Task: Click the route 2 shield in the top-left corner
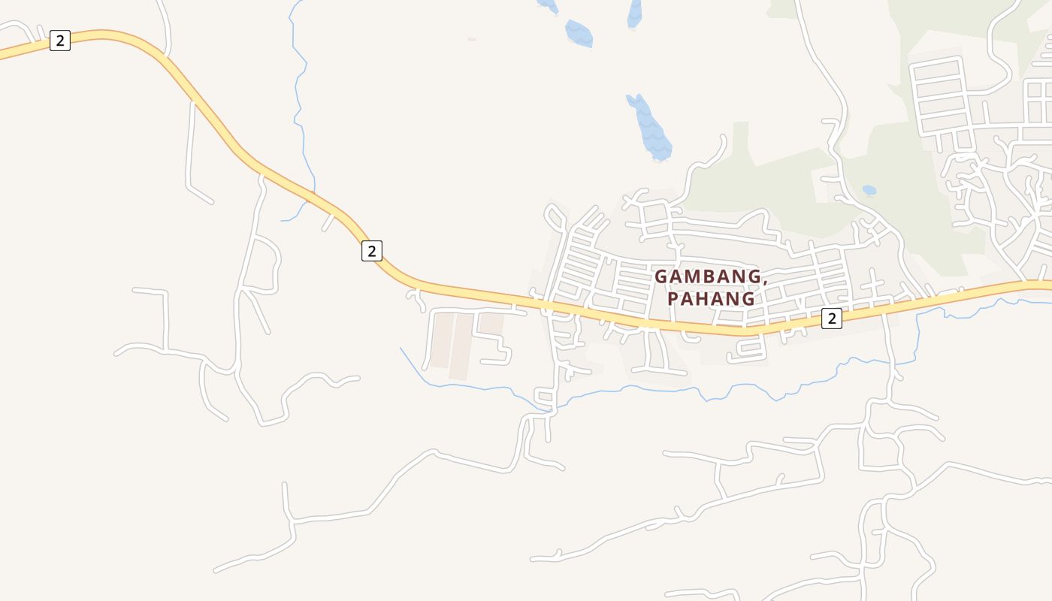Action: [60, 41]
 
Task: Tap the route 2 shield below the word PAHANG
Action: [831, 319]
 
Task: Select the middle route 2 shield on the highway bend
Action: [371, 251]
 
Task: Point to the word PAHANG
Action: [711, 299]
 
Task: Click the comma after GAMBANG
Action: [765, 282]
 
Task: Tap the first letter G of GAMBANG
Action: [661, 276]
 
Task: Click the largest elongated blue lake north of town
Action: [648, 127]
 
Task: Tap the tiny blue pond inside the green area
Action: [869, 190]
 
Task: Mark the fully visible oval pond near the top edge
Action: [579, 33]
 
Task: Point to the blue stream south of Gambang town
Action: [676, 390]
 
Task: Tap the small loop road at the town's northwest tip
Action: [557, 219]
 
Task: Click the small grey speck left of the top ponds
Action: [471, 39]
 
